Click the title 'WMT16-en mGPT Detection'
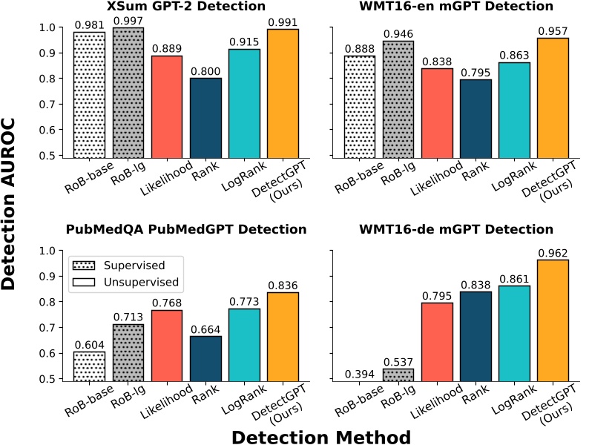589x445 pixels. click(x=455, y=7)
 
